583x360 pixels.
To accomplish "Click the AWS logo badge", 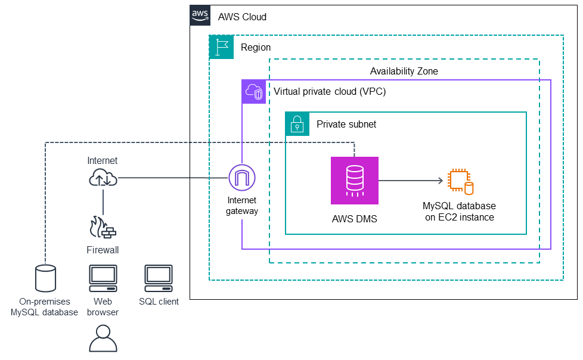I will [201, 15].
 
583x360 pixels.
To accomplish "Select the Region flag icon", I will [221, 46].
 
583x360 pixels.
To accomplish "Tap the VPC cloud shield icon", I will [253, 92].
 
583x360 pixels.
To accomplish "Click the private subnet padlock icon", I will [297, 124].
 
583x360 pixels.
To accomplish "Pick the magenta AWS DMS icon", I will [355, 181].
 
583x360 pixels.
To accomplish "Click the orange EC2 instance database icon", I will [461, 181].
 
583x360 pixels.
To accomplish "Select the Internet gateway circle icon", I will [241, 178].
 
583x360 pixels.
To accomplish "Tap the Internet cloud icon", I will [103, 178].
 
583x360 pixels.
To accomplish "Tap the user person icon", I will [103, 338].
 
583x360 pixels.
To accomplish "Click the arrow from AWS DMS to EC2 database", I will [411, 180].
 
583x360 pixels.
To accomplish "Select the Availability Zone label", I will [404, 71].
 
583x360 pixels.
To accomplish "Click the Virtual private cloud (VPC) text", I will [329, 92].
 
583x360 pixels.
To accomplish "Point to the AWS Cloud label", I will [242, 17].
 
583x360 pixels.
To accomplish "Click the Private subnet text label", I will [346, 124].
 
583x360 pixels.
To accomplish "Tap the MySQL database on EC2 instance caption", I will [459, 212].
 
